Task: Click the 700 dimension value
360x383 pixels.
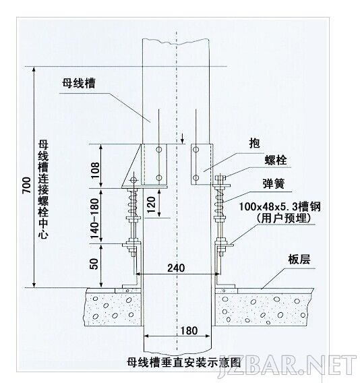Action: [x=26, y=185]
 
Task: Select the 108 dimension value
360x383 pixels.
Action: [x=95, y=170]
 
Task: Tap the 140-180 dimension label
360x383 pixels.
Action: [x=94, y=218]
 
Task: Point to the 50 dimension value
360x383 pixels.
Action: [x=94, y=264]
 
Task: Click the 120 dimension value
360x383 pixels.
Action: [x=151, y=204]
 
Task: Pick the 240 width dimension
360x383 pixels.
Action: [x=176, y=268]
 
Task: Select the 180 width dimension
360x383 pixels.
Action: [x=189, y=331]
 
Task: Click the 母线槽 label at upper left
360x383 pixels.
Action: [x=78, y=83]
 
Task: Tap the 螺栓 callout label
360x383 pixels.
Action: [x=276, y=160]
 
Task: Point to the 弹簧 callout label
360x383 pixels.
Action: [x=274, y=183]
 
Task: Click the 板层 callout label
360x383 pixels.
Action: [x=299, y=259]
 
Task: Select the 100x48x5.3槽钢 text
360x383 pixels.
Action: [x=279, y=207]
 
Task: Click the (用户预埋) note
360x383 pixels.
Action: [x=284, y=218]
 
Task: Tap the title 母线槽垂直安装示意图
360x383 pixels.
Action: [x=183, y=362]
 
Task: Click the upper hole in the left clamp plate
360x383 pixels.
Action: [x=159, y=150]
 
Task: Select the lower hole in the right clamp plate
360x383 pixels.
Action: [x=196, y=178]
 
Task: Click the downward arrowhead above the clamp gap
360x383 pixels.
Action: [x=182, y=141]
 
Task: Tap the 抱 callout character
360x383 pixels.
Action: [x=254, y=143]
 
